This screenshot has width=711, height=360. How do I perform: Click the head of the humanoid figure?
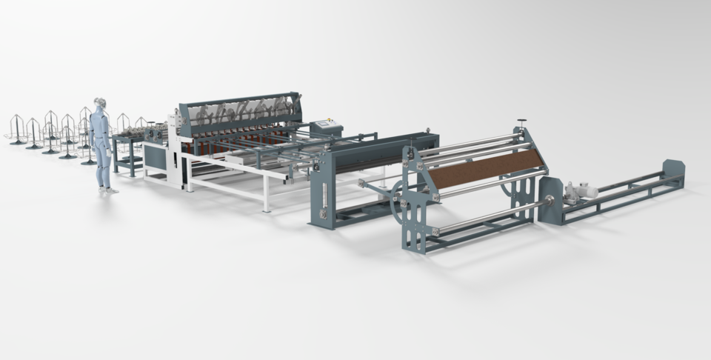pyautogui.click(x=100, y=105)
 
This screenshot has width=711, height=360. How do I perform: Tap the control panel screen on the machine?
pyautogui.click(x=323, y=124)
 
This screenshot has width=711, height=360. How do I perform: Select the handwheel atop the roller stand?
pyautogui.click(x=521, y=120)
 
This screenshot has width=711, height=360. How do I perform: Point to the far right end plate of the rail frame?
pyautogui.click(x=673, y=173)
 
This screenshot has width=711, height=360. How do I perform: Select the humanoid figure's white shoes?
pyautogui.click(x=108, y=190)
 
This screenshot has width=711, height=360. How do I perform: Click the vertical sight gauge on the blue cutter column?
pyautogui.click(x=324, y=196)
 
